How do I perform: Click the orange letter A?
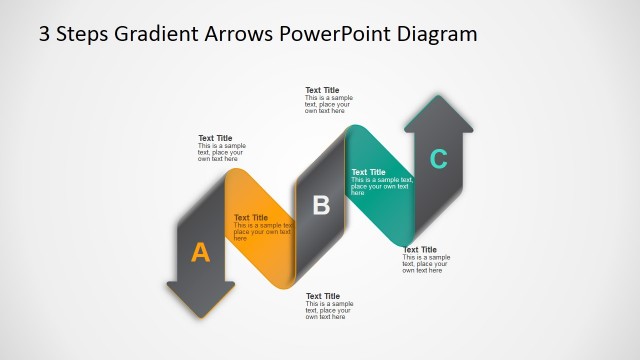click(201, 253)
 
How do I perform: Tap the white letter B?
click(321, 206)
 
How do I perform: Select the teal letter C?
click(438, 158)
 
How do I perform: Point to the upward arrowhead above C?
click(438, 104)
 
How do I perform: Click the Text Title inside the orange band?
click(251, 217)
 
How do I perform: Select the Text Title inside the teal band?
click(368, 172)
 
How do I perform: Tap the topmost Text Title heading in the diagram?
click(322, 90)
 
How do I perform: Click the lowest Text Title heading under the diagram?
click(322, 296)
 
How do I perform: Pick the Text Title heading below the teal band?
click(419, 250)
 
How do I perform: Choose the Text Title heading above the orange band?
click(215, 138)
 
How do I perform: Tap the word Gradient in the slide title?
click(149, 34)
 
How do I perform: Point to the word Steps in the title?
click(82, 34)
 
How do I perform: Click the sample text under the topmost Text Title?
click(328, 104)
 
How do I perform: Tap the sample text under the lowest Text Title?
click(328, 310)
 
